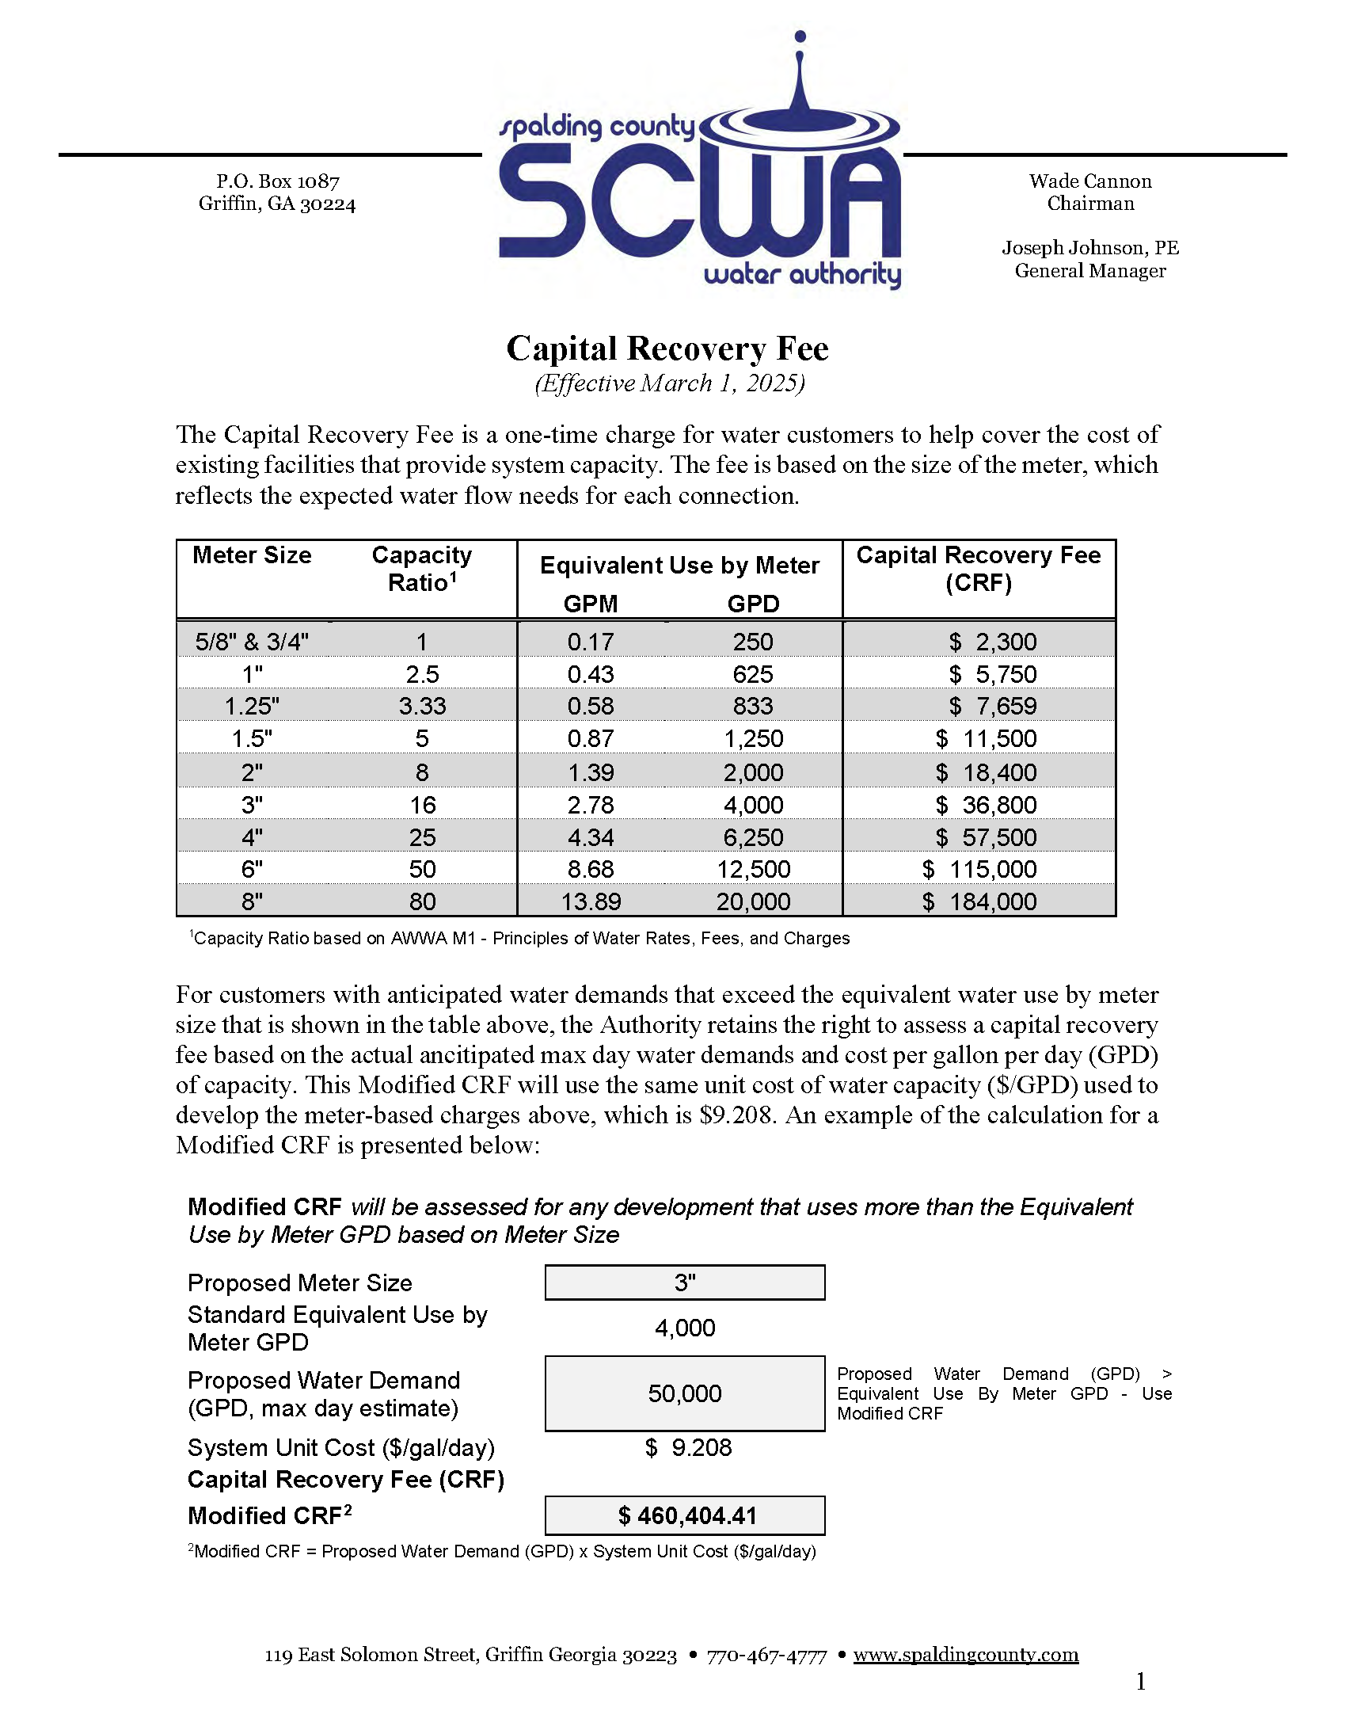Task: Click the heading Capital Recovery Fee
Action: [x=667, y=349]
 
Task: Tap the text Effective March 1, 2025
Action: [x=670, y=383]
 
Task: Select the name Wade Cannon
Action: [x=1089, y=182]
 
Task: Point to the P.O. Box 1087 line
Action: [x=278, y=182]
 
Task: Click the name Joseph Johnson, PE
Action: [x=1089, y=248]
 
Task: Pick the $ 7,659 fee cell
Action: [x=992, y=706]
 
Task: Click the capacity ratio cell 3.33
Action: [x=422, y=706]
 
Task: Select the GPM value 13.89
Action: [x=591, y=902]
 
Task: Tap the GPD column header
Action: [x=753, y=604]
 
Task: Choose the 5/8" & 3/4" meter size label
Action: [x=253, y=642]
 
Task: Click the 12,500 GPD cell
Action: [x=753, y=870]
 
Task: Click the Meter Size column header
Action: [x=252, y=555]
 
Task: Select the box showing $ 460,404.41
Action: [x=685, y=1515]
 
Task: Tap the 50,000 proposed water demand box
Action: [x=685, y=1393]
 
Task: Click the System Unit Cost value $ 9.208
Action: [x=688, y=1447]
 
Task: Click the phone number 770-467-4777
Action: [x=766, y=1656]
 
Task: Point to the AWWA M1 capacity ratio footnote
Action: [x=520, y=939]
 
